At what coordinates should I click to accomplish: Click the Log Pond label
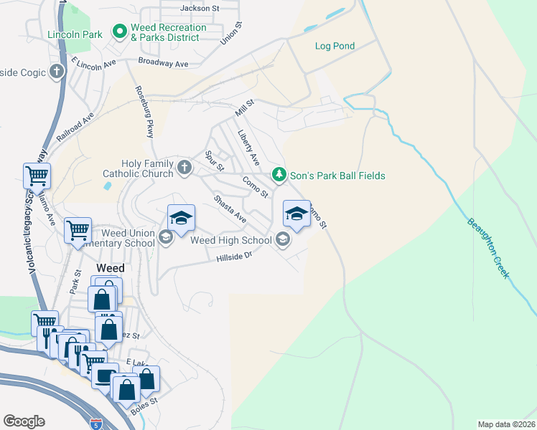click(335, 46)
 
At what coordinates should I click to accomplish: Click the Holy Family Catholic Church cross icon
click(185, 168)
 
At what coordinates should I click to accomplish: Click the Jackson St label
click(200, 9)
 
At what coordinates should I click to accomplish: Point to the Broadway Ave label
click(163, 63)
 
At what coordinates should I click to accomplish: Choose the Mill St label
click(245, 110)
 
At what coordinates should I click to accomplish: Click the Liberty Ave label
click(248, 147)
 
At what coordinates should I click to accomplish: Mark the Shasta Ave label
click(230, 209)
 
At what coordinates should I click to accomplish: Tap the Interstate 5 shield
click(96, 425)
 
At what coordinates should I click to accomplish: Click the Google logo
click(24, 421)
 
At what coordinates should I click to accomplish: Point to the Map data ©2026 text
click(507, 424)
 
